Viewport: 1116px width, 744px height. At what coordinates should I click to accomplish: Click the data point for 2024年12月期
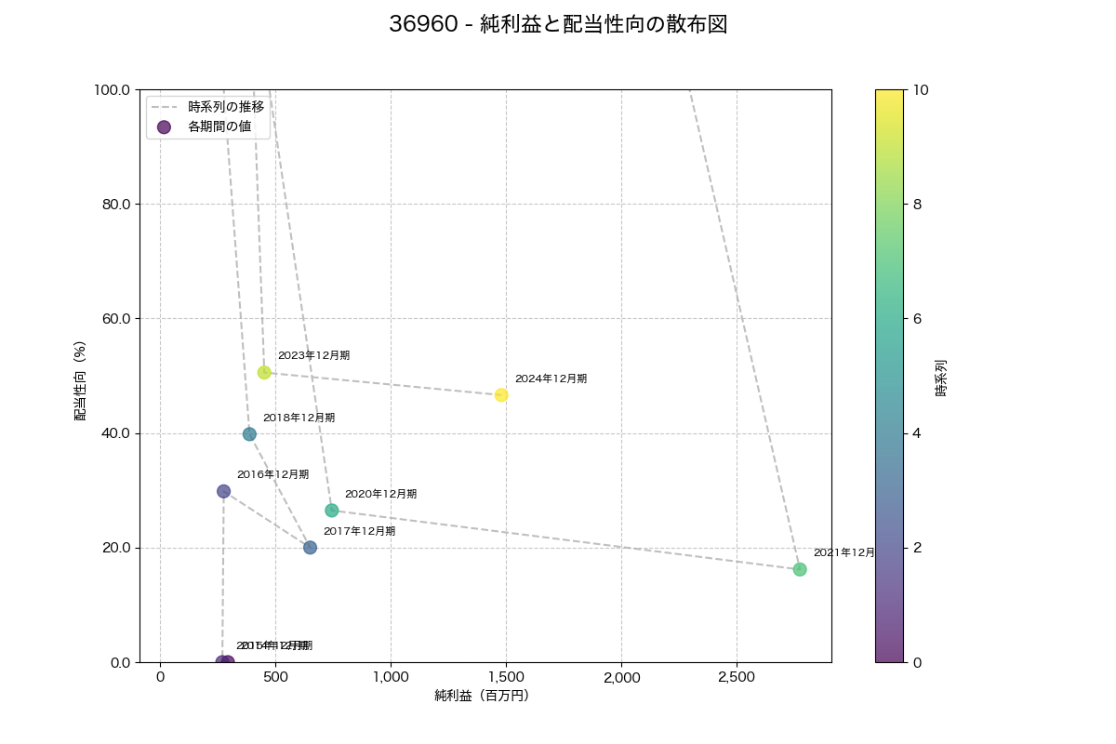pyautogui.click(x=501, y=395)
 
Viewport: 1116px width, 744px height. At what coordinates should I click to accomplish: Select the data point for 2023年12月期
pyautogui.click(x=264, y=373)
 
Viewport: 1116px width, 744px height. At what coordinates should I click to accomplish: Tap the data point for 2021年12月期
pyautogui.click(x=800, y=569)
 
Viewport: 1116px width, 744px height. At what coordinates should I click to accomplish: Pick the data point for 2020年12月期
pyautogui.click(x=332, y=511)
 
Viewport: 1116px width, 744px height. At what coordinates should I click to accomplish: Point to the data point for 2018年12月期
pyautogui.click(x=249, y=434)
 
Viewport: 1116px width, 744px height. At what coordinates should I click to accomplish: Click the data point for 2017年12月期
pyautogui.click(x=310, y=548)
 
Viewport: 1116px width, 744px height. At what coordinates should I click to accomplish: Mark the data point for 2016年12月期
pyautogui.click(x=223, y=491)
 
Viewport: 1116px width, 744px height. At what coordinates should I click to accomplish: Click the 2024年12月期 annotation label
pyautogui.click(x=551, y=379)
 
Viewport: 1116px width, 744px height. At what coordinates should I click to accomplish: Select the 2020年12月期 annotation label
pyautogui.click(x=380, y=495)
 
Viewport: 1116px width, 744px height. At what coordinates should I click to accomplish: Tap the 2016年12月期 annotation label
pyautogui.click(x=272, y=475)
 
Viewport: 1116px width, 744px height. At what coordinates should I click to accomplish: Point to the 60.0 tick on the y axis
pyautogui.click(x=116, y=319)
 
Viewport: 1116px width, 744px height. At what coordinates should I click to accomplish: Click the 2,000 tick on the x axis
pyautogui.click(x=621, y=677)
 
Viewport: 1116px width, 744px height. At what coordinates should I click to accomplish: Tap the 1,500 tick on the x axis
pyautogui.click(x=506, y=677)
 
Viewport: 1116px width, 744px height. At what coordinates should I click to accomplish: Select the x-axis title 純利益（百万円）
pyautogui.click(x=482, y=696)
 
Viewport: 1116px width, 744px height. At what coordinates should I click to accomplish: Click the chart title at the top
pyautogui.click(x=558, y=25)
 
